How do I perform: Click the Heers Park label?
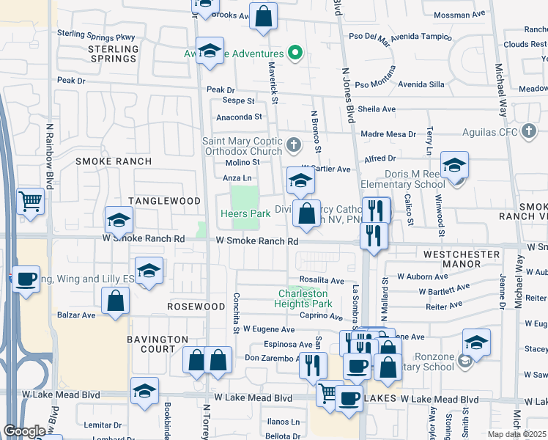(x=245, y=213)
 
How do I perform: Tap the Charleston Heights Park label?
(x=305, y=298)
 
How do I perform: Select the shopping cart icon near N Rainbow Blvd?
(x=30, y=201)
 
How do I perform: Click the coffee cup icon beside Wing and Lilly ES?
(x=26, y=279)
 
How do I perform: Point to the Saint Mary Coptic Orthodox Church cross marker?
(x=293, y=144)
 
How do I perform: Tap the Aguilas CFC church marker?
(x=528, y=132)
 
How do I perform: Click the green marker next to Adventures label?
(x=295, y=53)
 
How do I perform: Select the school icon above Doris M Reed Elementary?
(x=454, y=165)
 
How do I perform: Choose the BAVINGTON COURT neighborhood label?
(x=158, y=344)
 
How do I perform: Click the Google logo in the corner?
(x=24, y=430)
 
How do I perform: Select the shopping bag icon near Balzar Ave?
(x=116, y=300)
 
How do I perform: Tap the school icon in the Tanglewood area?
(x=119, y=219)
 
